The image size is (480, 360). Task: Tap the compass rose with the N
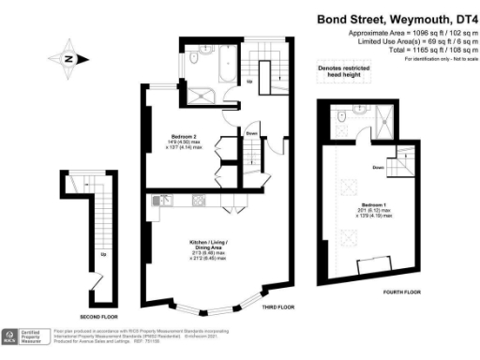pyautogui.click(x=68, y=58)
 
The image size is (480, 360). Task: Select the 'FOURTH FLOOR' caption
pyautogui.click(x=374, y=292)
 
